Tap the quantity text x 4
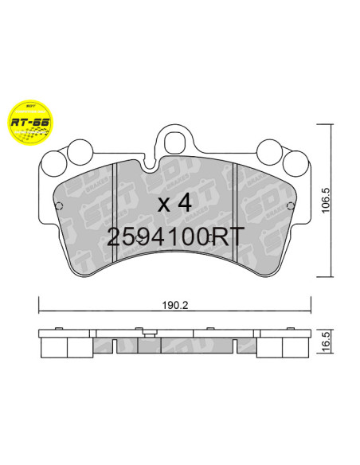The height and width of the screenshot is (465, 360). (175, 202)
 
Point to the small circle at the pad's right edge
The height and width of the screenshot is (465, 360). (294, 205)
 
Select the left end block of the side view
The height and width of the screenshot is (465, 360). (54, 344)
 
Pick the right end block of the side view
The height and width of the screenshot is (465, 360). (296, 344)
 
